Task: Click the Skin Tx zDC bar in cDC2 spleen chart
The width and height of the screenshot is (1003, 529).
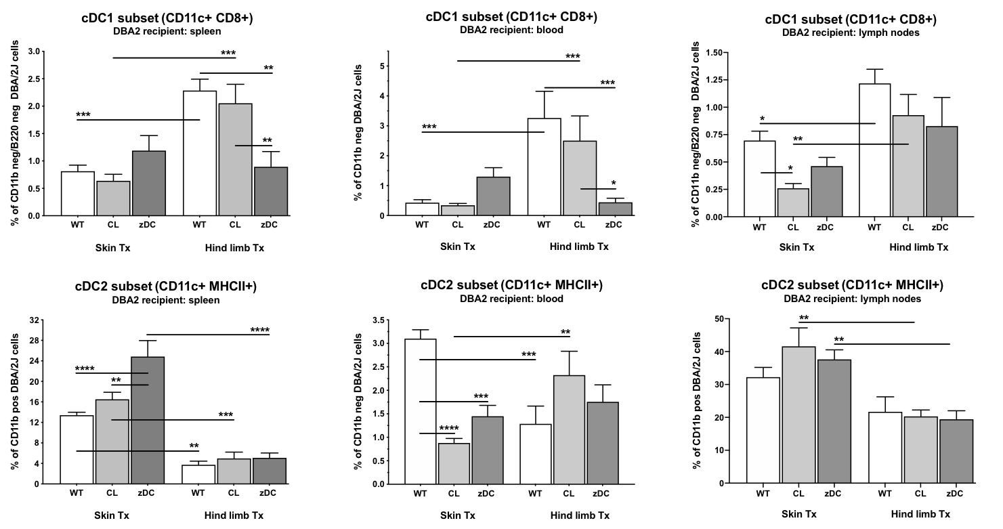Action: [148, 420]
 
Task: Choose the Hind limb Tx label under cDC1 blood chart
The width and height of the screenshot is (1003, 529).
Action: [579, 247]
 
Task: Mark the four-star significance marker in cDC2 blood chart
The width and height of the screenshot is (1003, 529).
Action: [449, 428]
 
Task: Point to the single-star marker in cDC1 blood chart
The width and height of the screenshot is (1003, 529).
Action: [614, 183]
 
